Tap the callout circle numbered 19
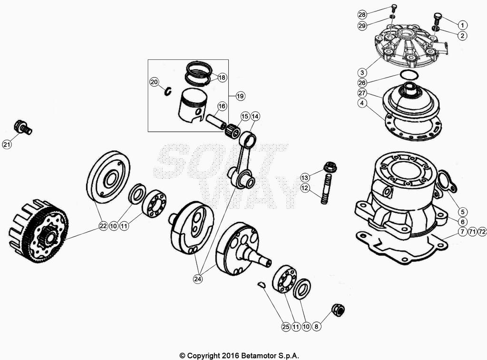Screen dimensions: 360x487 coord(240,96)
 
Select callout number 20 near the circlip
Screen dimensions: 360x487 coord(154,82)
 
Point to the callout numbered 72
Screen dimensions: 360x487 coord(482,232)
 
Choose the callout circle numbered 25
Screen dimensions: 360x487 coord(285,327)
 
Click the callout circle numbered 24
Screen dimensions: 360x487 coord(198,279)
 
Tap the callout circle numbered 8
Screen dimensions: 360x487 coord(317,327)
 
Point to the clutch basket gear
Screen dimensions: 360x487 coord(38,231)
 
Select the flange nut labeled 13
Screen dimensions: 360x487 coord(329,167)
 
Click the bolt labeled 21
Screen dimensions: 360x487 coord(23,127)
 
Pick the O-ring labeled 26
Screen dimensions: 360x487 coord(408,75)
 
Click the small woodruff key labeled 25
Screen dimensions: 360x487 coord(260,284)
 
